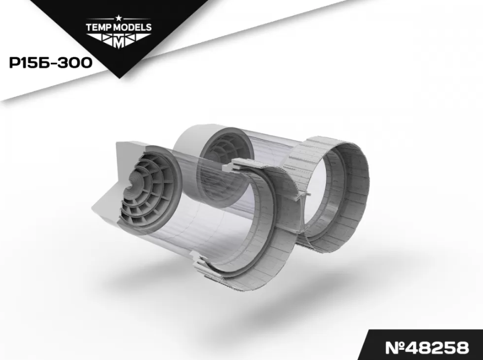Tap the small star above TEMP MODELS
coord(119,18)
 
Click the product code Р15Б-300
coord(51,63)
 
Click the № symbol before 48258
coord(395,348)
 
